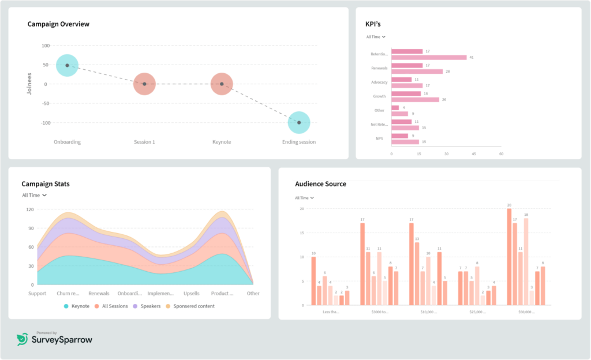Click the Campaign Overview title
click(58, 24)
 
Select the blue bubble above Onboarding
click(67, 65)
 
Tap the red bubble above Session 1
click(144, 84)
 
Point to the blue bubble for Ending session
click(299, 122)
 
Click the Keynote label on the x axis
click(222, 142)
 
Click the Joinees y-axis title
click(29, 84)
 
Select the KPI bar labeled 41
click(429, 58)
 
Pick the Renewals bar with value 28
click(417, 72)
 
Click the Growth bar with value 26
click(415, 99)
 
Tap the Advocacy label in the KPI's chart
click(379, 82)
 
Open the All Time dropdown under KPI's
click(376, 37)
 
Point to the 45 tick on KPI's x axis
click(474, 154)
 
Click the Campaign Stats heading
click(46, 184)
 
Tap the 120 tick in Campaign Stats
click(29, 209)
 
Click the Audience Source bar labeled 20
click(509, 257)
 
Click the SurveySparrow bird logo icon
click(22, 340)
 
